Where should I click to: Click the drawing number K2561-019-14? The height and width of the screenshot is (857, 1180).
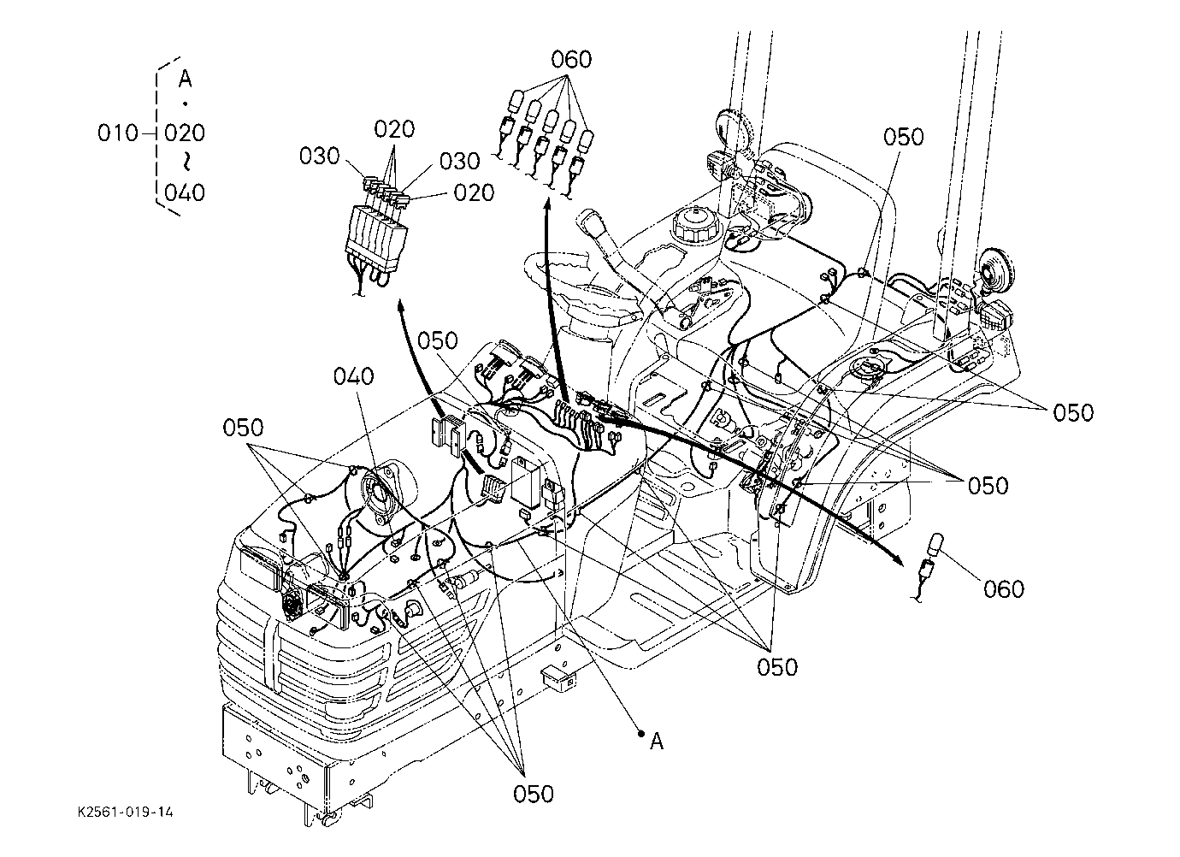[x=126, y=813]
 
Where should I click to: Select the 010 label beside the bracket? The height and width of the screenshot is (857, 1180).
[x=117, y=133]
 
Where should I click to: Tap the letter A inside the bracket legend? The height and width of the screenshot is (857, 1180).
[x=185, y=79]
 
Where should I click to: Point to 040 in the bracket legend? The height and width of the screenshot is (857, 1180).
[x=185, y=192]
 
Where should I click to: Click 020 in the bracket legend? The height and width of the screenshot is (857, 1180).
[x=185, y=133]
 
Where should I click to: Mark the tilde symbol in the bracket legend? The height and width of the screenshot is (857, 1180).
[x=186, y=162]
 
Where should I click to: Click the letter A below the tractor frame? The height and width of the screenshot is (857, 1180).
[x=657, y=742]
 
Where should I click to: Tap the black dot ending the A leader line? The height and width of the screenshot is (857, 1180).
[x=641, y=733]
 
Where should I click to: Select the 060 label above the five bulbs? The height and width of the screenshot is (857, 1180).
[x=571, y=60]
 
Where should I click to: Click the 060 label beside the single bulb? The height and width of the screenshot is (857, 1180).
[x=1004, y=589]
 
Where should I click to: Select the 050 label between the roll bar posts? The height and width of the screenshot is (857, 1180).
[x=904, y=137]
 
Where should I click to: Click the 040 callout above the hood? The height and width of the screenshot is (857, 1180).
[x=353, y=376]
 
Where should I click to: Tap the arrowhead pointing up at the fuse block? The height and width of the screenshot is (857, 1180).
[x=401, y=305]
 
